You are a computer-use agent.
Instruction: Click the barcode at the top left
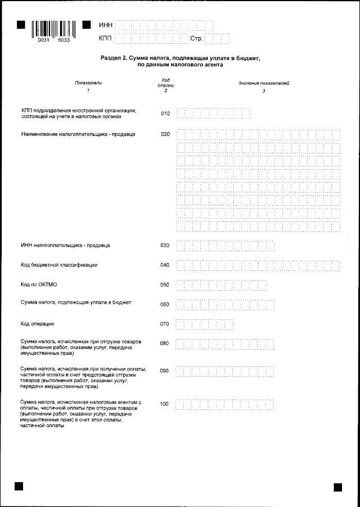(x=54, y=29)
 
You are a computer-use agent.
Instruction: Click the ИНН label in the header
(x=105, y=25)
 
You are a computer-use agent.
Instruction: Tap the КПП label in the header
(x=105, y=39)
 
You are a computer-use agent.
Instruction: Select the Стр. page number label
(x=197, y=39)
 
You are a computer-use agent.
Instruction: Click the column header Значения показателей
(x=263, y=83)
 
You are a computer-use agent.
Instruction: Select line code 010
(x=165, y=113)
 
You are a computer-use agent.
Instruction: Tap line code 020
(x=165, y=134)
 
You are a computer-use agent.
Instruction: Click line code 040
(x=165, y=265)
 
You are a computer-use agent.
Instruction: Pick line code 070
(x=165, y=324)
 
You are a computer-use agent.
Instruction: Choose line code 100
(x=165, y=404)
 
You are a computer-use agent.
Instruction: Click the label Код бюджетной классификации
(x=59, y=265)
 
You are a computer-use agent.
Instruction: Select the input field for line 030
(x=225, y=246)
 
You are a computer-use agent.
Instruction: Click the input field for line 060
(x=225, y=305)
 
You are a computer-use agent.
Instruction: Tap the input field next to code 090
(x=225, y=372)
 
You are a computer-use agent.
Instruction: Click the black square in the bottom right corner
(x=338, y=487)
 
